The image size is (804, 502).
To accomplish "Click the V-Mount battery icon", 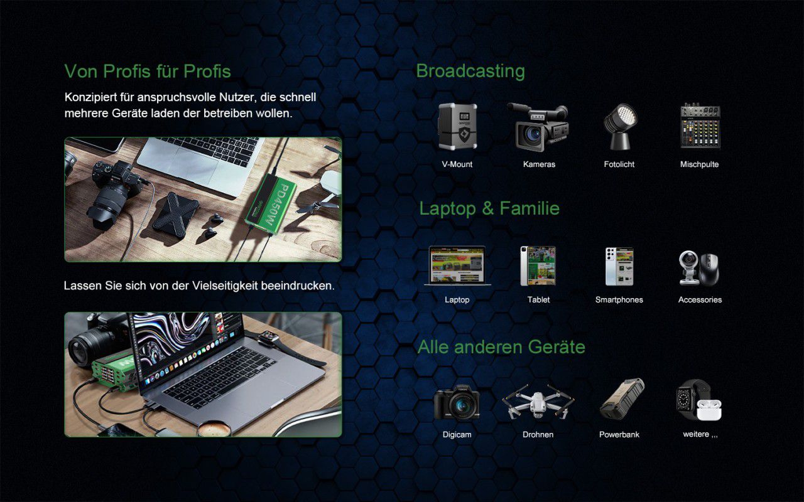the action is click(458, 126).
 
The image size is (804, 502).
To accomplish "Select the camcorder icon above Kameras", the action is click(538, 127).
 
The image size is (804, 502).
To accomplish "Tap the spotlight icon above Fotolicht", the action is click(619, 127).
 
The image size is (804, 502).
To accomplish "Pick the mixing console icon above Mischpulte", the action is click(700, 125).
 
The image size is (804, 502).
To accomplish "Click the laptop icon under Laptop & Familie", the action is click(457, 265).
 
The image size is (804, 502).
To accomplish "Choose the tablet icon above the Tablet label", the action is click(538, 265).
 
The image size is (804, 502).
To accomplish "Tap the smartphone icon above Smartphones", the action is click(619, 266).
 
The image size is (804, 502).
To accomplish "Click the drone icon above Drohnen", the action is click(538, 402).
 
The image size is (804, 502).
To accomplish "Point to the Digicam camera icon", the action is click(457, 402).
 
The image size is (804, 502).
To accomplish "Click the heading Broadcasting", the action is click(470, 71).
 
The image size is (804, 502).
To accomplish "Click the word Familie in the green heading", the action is click(530, 208).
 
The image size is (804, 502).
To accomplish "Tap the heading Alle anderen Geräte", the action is click(501, 347).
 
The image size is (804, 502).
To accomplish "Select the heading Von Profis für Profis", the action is click(148, 71).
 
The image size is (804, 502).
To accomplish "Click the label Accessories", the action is click(700, 300).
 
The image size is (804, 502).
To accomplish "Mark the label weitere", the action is click(696, 434).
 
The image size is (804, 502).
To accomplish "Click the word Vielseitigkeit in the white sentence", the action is click(225, 286).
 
